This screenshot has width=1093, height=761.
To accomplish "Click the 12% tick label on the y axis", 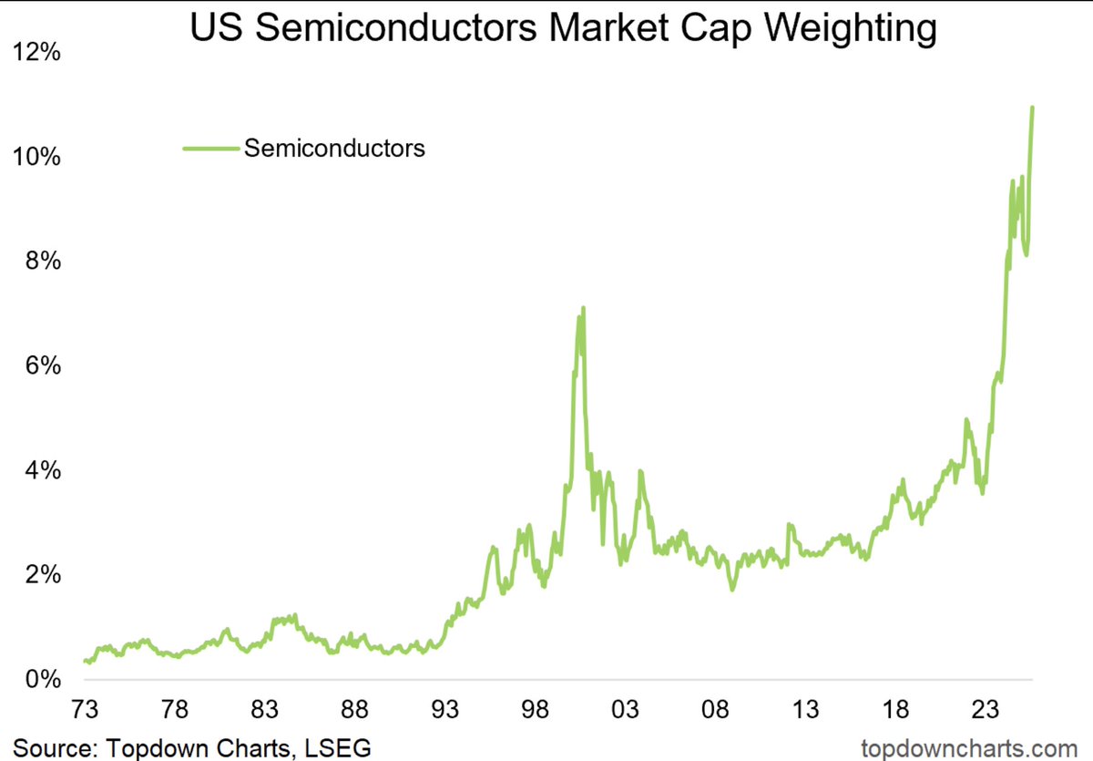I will (36, 52).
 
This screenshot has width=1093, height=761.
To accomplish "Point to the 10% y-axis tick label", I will (36, 157).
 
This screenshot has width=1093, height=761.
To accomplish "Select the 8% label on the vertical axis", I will (42, 262).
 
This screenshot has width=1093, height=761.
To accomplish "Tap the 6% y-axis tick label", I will (42, 366).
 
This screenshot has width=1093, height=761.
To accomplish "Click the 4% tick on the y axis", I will (42, 471).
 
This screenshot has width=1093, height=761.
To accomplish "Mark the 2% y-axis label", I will (42, 576).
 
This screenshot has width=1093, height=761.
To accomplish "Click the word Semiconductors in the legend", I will (334, 148).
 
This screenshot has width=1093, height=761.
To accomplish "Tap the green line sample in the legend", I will (210, 148).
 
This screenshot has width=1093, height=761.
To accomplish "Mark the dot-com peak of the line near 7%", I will (582, 309).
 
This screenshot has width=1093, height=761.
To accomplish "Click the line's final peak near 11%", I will (1032, 108).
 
